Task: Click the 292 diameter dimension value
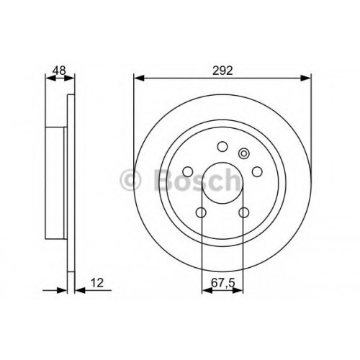222,71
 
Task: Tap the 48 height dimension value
59,71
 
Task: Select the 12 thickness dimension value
97,283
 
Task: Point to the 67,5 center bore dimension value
222,283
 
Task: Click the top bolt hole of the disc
222,146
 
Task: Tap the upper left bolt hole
188,171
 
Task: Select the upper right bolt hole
257,171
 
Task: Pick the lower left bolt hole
201,212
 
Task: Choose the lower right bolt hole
244,212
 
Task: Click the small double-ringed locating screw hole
244,153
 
